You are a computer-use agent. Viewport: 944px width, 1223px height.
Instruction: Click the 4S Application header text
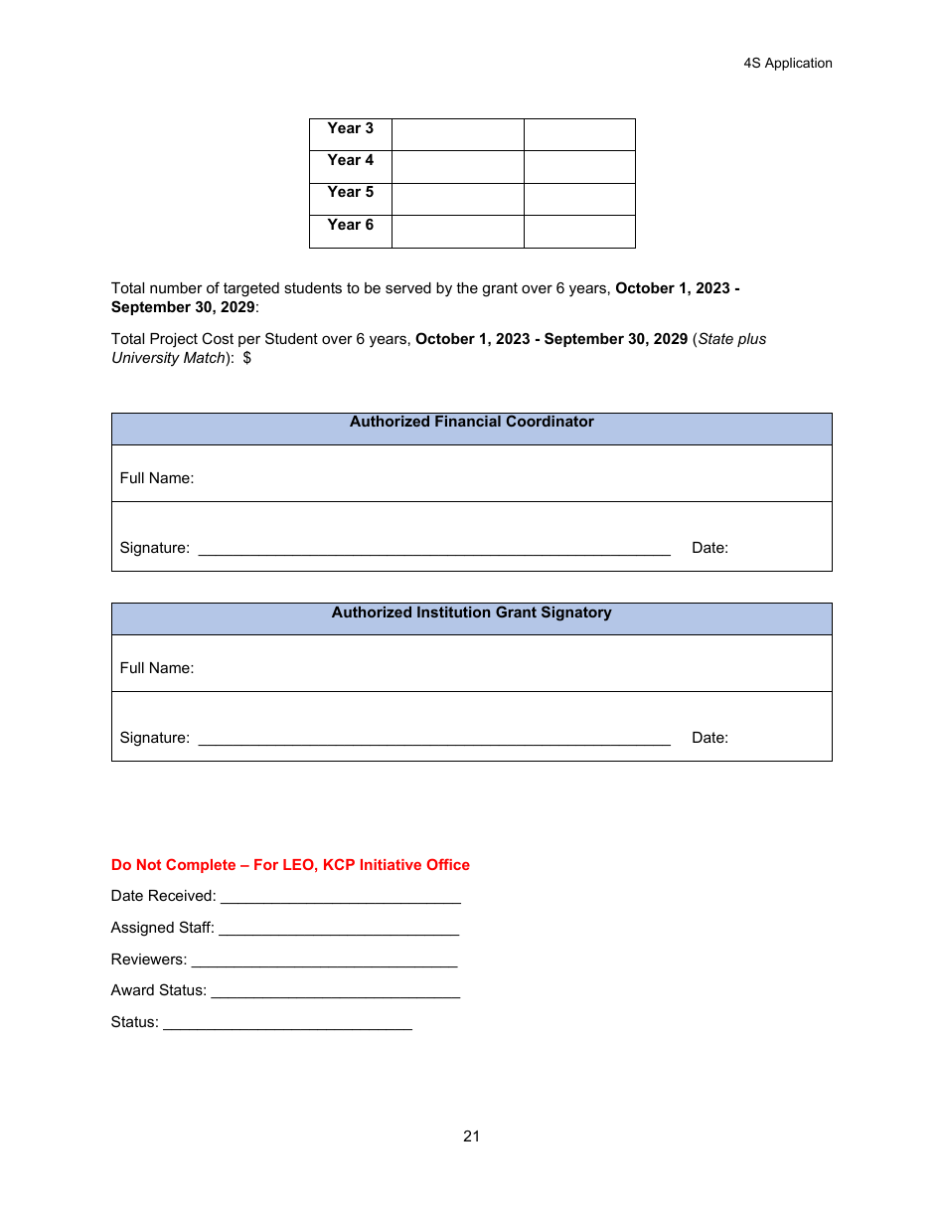pos(787,63)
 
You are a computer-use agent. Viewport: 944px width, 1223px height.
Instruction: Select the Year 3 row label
pos(350,128)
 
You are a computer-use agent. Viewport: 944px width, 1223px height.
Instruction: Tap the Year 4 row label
pos(350,160)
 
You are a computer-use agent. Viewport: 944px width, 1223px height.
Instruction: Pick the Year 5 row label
pos(350,192)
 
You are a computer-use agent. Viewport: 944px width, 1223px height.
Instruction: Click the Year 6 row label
pos(350,225)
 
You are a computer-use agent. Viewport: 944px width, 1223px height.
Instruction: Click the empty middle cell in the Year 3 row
pos(457,134)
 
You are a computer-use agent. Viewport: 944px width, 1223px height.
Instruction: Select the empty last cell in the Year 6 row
pos(579,231)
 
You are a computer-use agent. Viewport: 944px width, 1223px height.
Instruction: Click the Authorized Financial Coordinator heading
pos(471,422)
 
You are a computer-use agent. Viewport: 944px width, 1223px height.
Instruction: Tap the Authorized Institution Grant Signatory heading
pos(471,612)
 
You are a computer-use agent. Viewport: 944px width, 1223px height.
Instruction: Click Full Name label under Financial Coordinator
pos(157,478)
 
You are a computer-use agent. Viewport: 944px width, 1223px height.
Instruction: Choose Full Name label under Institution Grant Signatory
pos(157,668)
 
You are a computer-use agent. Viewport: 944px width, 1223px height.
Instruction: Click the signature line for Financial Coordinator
pos(434,549)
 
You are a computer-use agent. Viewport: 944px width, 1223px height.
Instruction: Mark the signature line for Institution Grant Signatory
pos(434,739)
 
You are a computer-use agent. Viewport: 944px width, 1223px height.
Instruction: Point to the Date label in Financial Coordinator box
pos(709,548)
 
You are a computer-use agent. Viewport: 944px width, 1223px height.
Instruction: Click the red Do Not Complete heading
pos(290,865)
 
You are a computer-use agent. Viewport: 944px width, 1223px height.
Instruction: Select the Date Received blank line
pos(341,898)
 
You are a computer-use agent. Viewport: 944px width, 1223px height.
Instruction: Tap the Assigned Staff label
pos(162,928)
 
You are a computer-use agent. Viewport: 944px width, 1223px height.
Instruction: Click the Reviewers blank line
pos(324,961)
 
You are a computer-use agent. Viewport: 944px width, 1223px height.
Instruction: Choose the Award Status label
pos(159,990)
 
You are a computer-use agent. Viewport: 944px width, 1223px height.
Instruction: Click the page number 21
pos(471,1136)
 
